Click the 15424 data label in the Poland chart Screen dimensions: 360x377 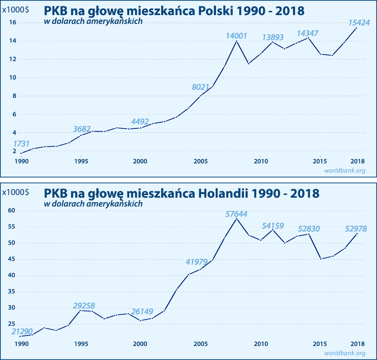tap(359, 22)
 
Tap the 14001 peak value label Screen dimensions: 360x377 tap(237, 36)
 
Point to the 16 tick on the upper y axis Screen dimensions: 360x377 tap(13, 23)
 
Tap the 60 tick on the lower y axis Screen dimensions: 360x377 tap(13, 211)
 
